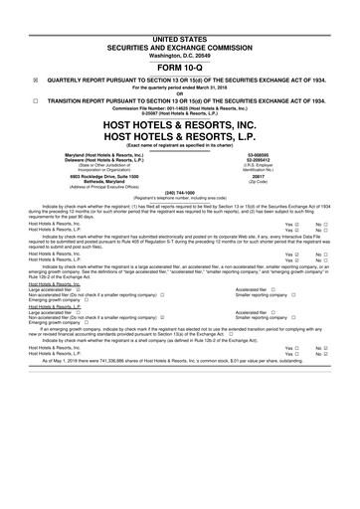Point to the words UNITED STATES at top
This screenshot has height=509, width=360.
tap(180, 9)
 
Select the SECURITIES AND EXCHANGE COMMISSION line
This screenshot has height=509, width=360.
tap(180, 18)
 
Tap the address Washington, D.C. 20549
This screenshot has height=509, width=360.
tap(180, 26)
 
